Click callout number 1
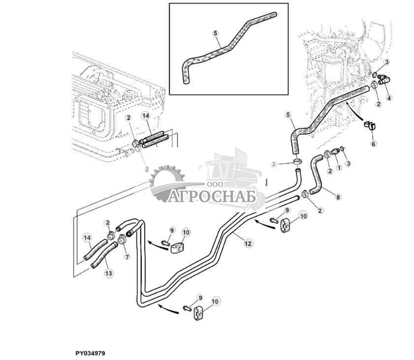[339, 167]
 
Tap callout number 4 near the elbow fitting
[389, 98]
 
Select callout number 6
[373, 144]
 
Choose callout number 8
[337, 197]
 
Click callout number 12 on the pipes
[248, 243]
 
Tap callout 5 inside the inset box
[215, 33]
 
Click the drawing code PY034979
[90, 353]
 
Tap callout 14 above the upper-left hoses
[145, 115]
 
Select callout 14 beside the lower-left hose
[88, 238]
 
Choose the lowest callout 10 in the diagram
[215, 300]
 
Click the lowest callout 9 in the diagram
[200, 297]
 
